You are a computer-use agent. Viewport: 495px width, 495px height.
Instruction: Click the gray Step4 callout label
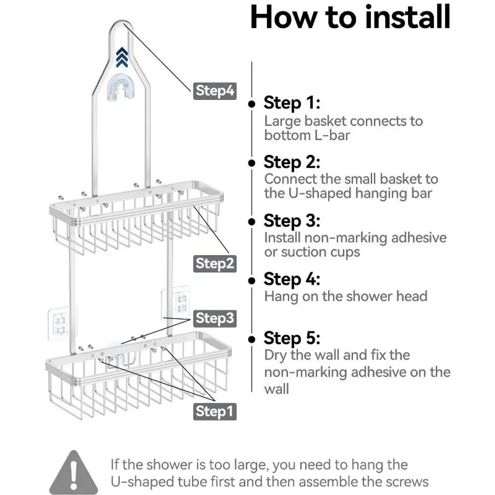click(x=215, y=91)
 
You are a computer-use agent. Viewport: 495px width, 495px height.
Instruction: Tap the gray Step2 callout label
click(x=215, y=263)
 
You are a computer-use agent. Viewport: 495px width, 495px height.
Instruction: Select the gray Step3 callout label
click(x=215, y=318)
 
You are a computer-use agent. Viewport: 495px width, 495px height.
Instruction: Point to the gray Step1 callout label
click(x=215, y=411)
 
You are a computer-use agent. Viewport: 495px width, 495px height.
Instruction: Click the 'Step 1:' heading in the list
click(x=291, y=103)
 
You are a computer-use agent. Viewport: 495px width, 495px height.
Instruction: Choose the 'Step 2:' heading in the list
click(x=291, y=162)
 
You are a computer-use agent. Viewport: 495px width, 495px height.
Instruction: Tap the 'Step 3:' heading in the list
click(x=291, y=220)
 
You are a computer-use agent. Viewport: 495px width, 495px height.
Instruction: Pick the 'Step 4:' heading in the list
click(x=291, y=279)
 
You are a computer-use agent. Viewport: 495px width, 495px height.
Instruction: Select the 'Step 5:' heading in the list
click(x=291, y=338)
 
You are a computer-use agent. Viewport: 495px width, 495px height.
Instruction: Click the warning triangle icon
click(x=73, y=473)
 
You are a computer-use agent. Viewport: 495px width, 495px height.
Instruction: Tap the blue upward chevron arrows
click(x=122, y=57)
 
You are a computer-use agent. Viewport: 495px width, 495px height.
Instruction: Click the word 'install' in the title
click(x=408, y=17)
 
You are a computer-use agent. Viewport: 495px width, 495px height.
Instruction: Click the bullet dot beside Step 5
click(x=251, y=339)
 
